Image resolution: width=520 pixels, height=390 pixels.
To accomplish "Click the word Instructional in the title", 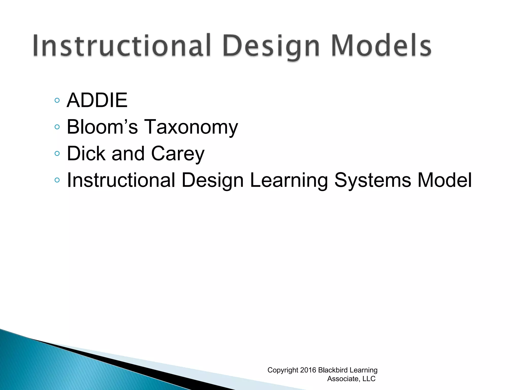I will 122,46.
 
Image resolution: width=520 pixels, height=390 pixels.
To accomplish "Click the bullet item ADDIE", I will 97,100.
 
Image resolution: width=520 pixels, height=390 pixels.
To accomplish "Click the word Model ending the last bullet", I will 445,180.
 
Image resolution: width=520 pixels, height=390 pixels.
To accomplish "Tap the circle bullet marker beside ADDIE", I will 57,101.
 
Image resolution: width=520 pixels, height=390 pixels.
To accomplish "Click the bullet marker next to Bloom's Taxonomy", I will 57,127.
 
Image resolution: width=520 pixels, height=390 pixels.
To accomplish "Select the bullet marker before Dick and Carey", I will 57,153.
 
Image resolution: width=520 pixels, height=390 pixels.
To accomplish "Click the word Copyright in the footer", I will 283,370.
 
